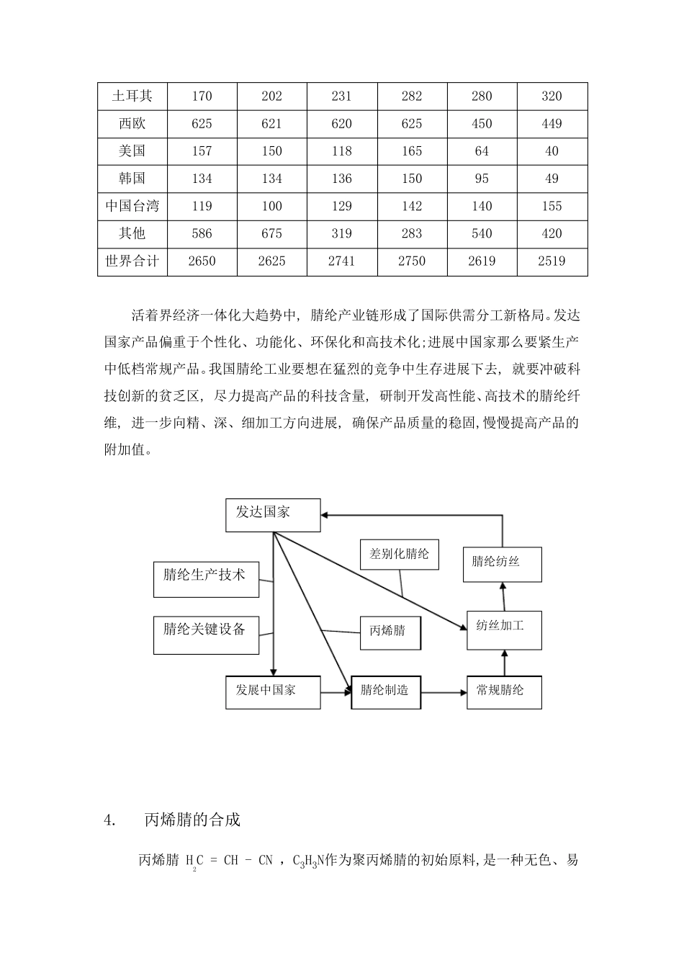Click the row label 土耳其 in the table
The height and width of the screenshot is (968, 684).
(132, 96)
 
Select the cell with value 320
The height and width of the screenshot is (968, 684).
(552, 96)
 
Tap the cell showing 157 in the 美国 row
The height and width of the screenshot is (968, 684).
(202, 151)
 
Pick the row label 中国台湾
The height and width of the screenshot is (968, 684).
(132, 206)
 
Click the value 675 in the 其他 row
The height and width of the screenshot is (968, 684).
(271, 233)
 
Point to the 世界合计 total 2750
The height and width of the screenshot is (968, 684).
(412, 261)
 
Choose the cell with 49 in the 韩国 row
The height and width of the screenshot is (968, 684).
(552, 179)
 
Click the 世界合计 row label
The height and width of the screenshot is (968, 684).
(132, 261)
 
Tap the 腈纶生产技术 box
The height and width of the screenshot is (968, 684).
(206, 579)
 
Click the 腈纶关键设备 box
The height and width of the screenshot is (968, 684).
(206, 635)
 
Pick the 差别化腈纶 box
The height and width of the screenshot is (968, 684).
(400, 555)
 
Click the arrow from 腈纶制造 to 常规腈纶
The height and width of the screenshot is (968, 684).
(444, 693)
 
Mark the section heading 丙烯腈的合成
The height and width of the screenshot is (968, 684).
(192, 820)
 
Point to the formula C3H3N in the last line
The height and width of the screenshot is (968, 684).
(309, 861)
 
